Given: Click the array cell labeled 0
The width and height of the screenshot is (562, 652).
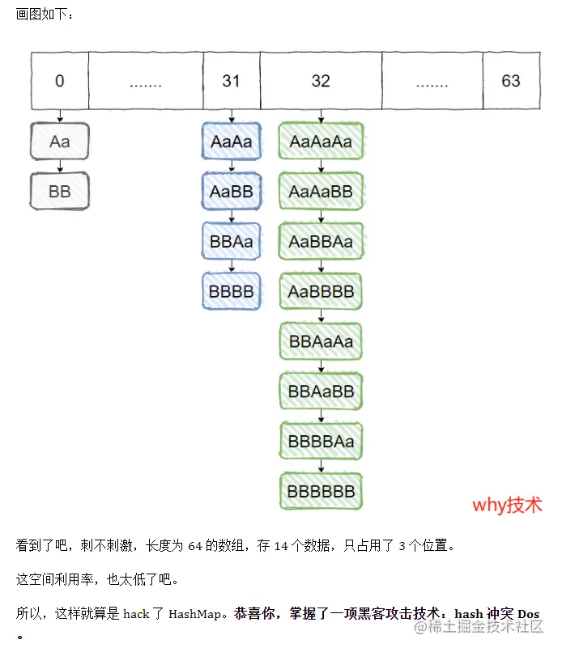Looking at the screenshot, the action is tap(59, 81).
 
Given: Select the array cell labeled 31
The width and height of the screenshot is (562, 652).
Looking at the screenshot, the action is tap(231, 81).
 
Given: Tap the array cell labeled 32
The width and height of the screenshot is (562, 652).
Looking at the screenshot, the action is tap(321, 81).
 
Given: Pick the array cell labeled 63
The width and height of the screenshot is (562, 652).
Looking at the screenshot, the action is tap(510, 81).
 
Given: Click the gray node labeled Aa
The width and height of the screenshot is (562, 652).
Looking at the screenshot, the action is tap(59, 142).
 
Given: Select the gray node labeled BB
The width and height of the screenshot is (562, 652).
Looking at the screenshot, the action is tap(59, 192).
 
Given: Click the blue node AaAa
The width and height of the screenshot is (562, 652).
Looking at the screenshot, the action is tap(231, 142).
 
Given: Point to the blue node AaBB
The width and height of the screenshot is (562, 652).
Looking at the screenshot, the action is tap(231, 192).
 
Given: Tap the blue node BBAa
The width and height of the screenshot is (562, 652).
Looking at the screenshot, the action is tap(231, 241).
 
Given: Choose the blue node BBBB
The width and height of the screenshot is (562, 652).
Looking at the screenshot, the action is tap(231, 291).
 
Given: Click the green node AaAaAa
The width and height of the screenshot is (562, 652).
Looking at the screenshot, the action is tap(321, 142).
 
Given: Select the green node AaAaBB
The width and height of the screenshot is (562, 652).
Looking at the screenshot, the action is tap(321, 192).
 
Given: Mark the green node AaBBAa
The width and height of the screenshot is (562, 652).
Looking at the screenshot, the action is tap(321, 241).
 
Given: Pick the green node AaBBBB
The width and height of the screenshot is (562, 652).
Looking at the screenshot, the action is tap(321, 291).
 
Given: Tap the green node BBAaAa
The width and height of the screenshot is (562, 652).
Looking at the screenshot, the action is tap(321, 341).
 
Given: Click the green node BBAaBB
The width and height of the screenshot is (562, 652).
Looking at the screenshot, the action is tap(321, 392).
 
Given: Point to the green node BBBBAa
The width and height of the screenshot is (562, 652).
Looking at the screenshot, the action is tap(321, 442).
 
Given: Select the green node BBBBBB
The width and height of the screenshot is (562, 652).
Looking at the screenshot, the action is tap(321, 491).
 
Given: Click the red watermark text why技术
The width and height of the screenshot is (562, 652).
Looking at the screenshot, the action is tap(507, 506).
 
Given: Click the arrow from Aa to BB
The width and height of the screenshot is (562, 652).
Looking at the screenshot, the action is tap(59, 167).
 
